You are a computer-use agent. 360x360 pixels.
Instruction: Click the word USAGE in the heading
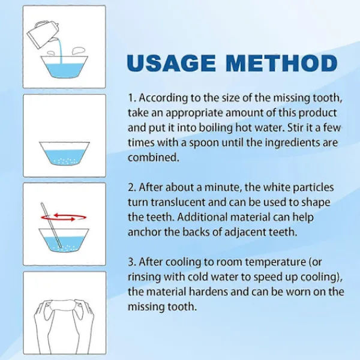point(171,63)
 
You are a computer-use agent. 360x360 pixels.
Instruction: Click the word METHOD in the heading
point(281,63)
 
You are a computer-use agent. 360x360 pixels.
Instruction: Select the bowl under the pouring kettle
point(64,67)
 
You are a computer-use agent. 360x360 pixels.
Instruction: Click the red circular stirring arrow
point(64,217)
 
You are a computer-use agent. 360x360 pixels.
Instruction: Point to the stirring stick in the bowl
point(51,225)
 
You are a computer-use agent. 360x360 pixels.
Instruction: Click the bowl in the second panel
point(64,153)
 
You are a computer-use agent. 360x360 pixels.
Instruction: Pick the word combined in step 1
point(153,158)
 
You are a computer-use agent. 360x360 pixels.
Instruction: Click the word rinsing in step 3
point(144,277)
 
